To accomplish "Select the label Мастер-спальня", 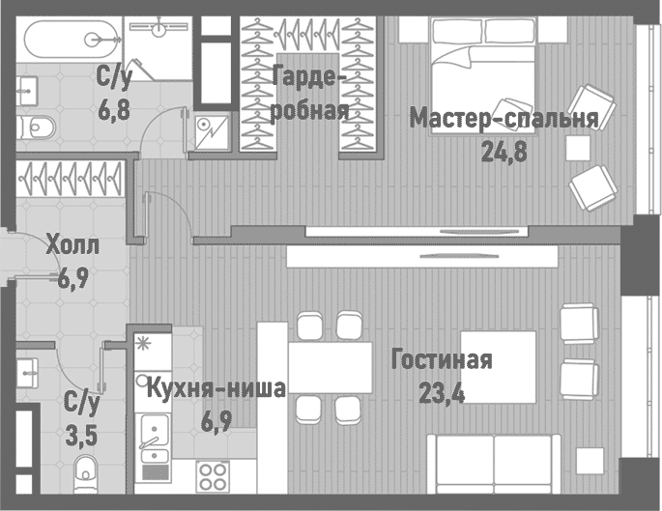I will pos(504,119).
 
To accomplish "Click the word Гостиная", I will pos(442,361).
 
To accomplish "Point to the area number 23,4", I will pos(442,393).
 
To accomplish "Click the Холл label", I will pos(72,246).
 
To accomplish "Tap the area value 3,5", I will pos(81,435).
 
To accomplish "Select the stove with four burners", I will pos(213,476).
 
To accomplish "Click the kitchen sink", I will pos(152,432).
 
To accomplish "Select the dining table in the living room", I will pos(330,368).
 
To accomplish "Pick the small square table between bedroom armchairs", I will pos(578,148).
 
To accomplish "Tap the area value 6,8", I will pos(113,110).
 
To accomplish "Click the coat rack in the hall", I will pos(70,177).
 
